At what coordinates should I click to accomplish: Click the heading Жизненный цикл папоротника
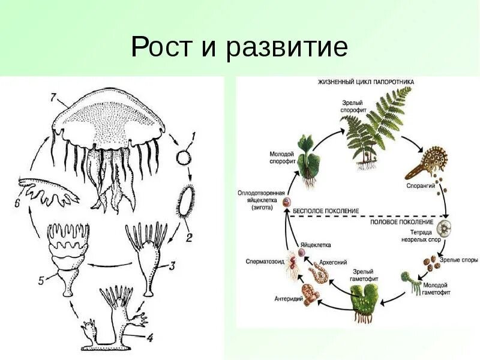tap(369, 81)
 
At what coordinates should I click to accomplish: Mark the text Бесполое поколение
tap(326, 212)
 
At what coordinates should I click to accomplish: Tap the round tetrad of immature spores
tap(444, 229)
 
